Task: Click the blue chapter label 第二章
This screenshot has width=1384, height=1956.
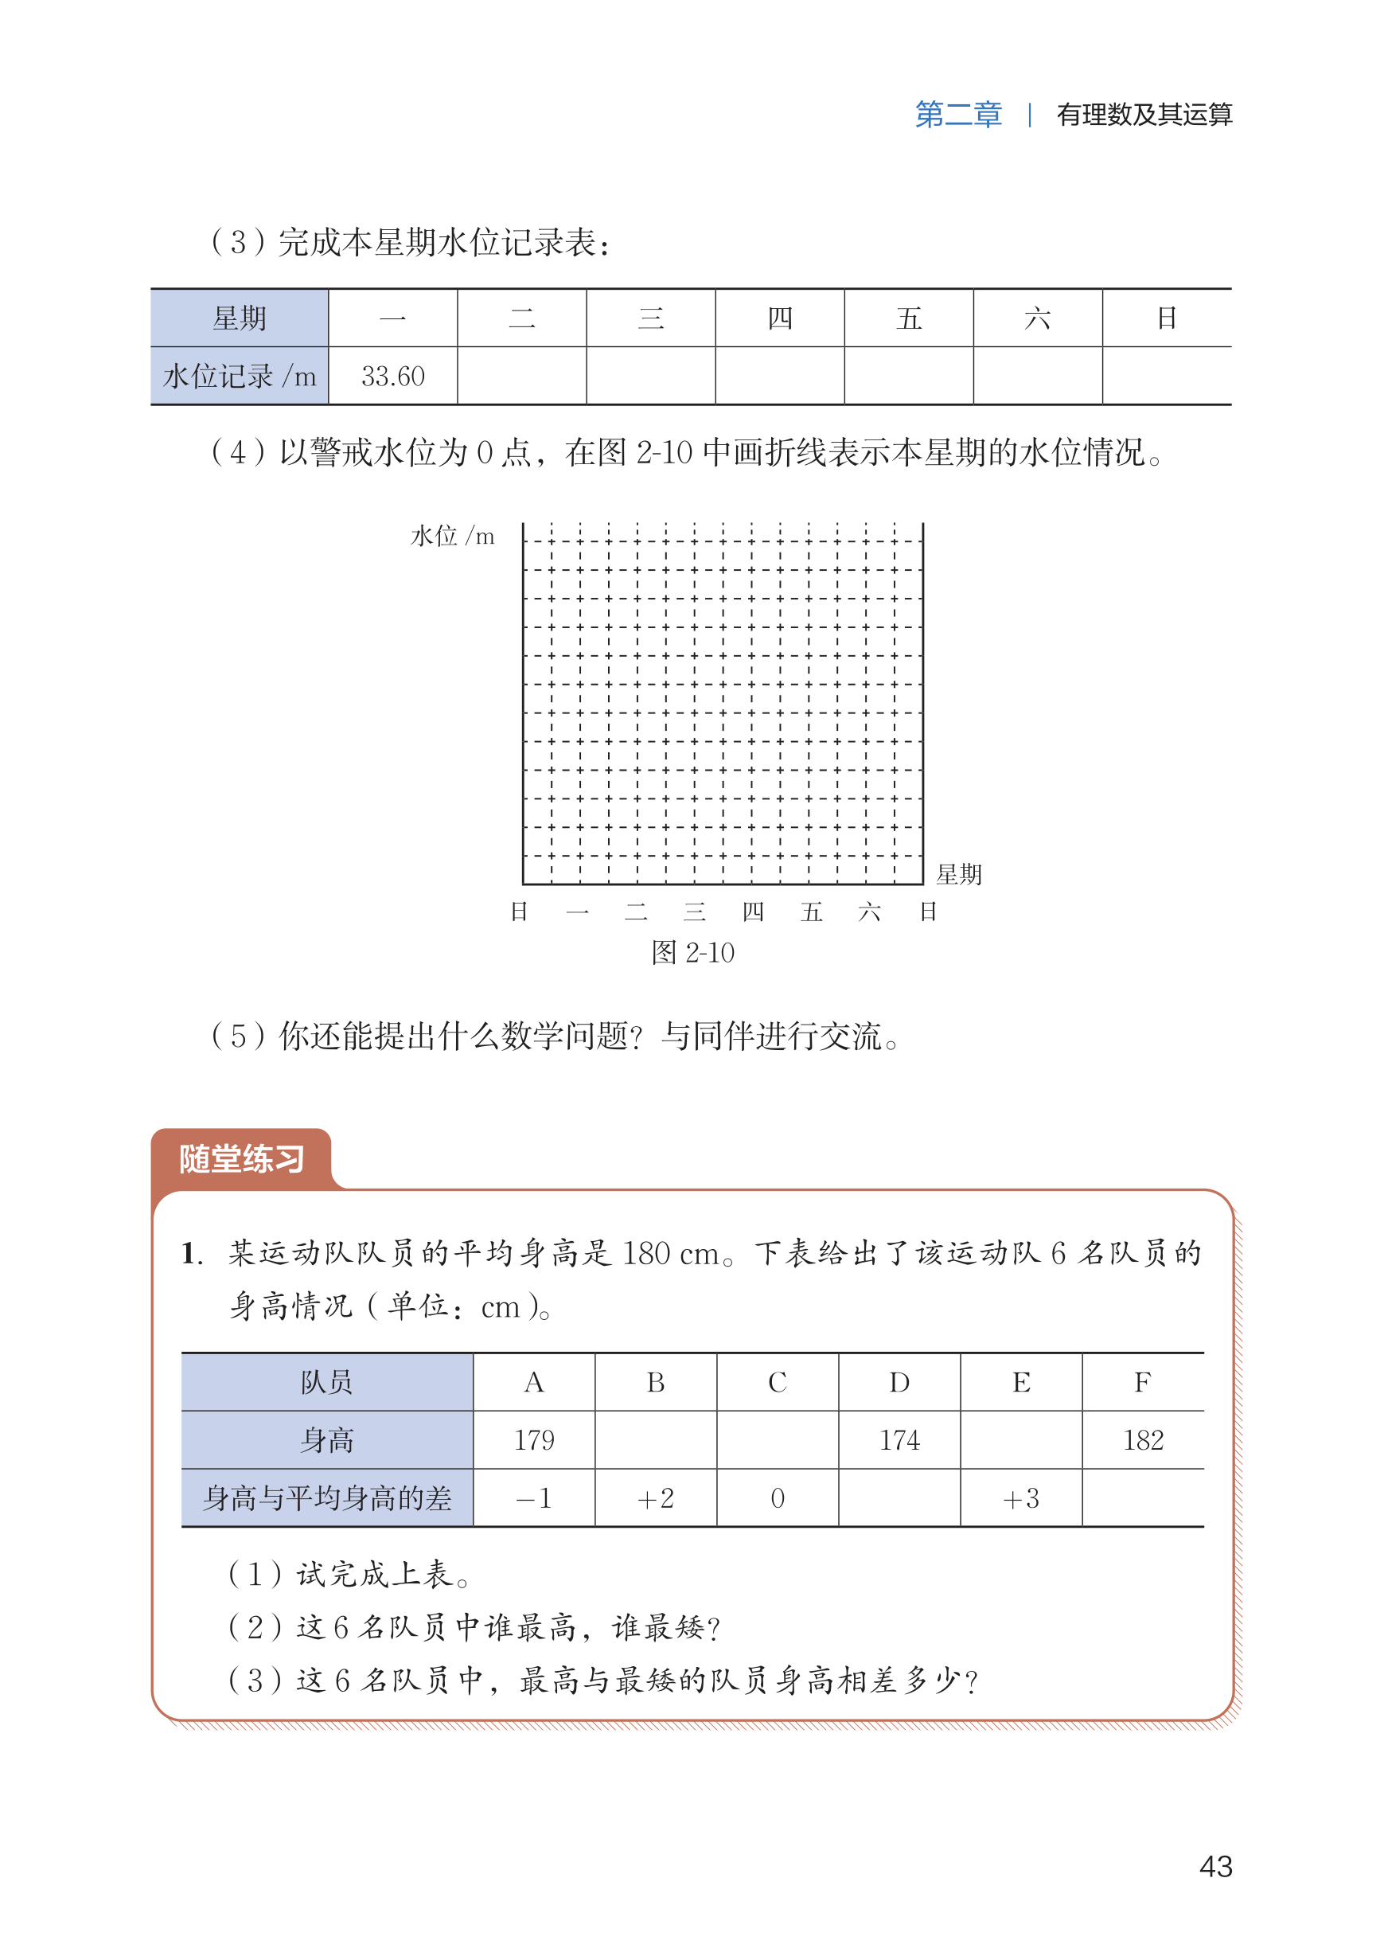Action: click(x=958, y=114)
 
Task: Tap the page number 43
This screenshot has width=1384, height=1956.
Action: click(x=1215, y=1866)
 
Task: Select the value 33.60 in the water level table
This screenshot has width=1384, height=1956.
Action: click(x=393, y=376)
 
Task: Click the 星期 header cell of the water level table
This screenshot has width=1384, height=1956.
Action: click(x=240, y=318)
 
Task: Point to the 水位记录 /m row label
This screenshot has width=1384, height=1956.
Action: click(x=240, y=376)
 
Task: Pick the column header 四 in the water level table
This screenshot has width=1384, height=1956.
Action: click(x=780, y=318)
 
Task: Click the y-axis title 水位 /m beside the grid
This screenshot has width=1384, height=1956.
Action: click(x=453, y=536)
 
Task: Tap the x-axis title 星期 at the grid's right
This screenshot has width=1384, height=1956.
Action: click(x=959, y=873)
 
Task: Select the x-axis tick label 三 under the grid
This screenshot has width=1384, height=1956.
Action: click(x=695, y=912)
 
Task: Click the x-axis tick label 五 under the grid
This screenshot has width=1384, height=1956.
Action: click(x=811, y=912)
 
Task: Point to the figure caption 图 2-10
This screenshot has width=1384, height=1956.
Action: click(x=692, y=952)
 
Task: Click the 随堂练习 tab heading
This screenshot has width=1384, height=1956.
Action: click(x=241, y=1158)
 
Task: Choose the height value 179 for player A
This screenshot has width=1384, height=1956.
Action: click(x=534, y=1439)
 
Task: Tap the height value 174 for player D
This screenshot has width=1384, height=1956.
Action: click(x=899, y=1439)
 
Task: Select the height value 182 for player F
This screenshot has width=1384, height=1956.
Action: click(x=1143, y=1439)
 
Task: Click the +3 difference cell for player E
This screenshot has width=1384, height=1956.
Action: click(x=1021, y=1497)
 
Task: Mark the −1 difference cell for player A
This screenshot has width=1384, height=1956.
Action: click(x=534, y=1497)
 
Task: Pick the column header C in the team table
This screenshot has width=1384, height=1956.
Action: click(x=778, y=1381)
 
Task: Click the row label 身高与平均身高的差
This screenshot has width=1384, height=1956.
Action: click(x=327, y=1497)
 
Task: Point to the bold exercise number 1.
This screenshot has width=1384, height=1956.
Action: click(x=192, y=1253)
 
